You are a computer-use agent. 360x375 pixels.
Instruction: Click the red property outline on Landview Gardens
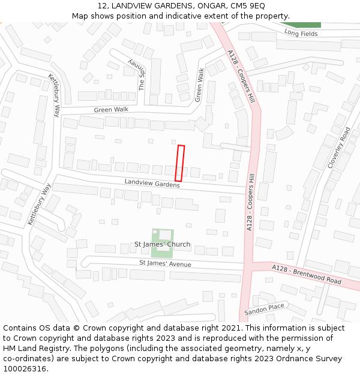tap(179, 163)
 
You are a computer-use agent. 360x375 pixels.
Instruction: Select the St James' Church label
tap(162, 244)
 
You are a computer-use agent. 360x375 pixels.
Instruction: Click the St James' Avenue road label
tap(165, 263)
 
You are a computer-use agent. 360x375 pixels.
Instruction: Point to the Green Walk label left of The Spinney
tap(111, 110)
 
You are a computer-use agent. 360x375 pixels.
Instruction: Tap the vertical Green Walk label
tap(199, 85)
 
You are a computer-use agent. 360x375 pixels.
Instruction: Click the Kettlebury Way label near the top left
tap(55, 95)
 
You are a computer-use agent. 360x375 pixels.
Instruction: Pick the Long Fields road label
tap(301, 33)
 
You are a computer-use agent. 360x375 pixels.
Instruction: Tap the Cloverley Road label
tap(338, 147)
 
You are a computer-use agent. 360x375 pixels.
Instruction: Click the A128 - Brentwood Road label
tap(306, 274)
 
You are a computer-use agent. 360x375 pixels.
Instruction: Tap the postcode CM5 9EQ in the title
tap(247, 5)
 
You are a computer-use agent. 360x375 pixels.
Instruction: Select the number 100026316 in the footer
tap(25, 368)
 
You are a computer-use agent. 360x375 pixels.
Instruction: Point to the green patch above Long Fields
tap(308, 25)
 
